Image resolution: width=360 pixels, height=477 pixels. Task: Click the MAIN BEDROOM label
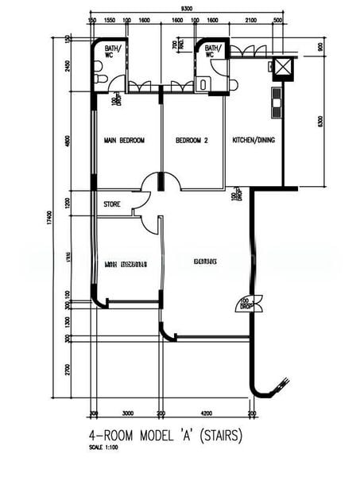pos(124,141)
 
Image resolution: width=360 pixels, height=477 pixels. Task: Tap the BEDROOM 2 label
pos(192,141)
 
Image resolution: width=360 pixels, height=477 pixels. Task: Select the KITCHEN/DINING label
pos(254,141)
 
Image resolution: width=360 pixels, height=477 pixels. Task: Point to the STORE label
pos(112,204)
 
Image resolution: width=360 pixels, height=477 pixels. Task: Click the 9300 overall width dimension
pos(186,9)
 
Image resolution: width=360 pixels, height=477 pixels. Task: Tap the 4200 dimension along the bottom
pos(206,413)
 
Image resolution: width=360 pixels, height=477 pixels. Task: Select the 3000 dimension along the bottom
pos(127,413)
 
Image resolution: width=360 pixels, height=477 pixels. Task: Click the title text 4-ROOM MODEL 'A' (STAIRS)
pos(165,436)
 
